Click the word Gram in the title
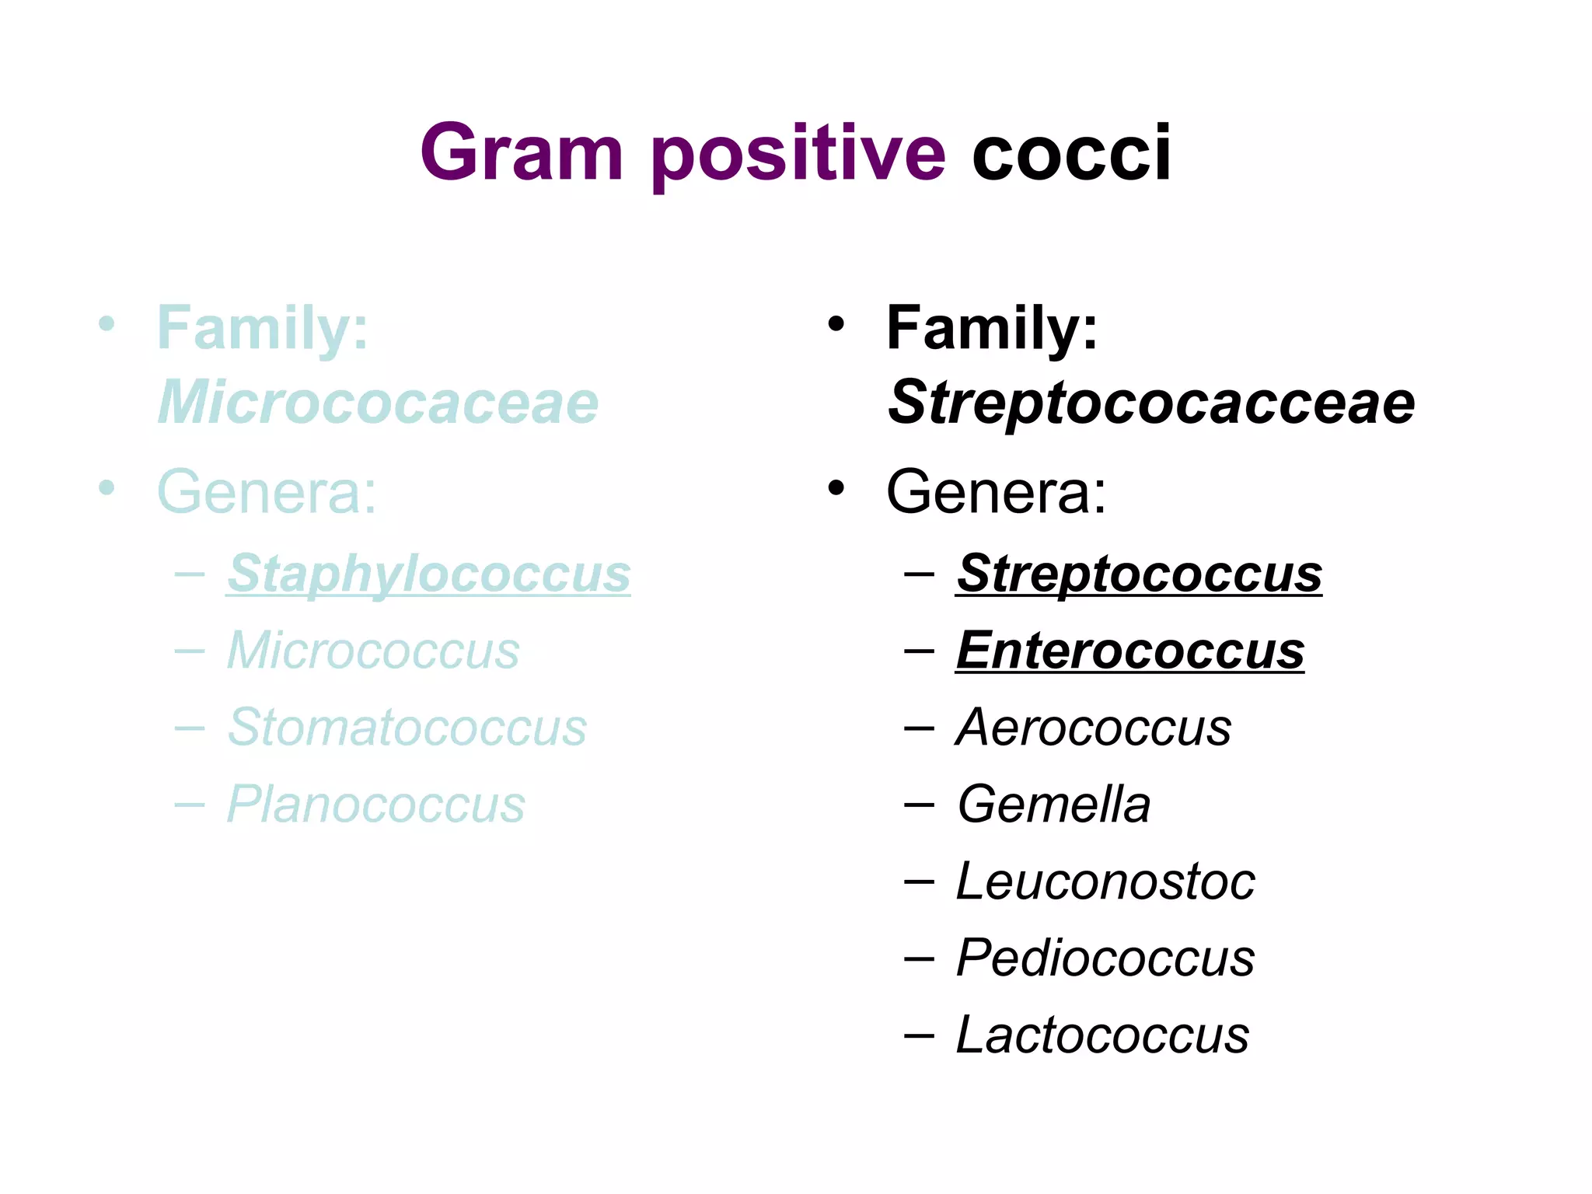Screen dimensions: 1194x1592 [522, 153]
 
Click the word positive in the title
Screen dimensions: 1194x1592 [799, 153]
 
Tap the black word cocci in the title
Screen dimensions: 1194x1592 [1070, 153]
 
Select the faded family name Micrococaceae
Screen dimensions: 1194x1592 [378, 403]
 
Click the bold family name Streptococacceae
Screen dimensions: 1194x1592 [1151, 403]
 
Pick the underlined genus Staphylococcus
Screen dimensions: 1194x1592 [428, 574]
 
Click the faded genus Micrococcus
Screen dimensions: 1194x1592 [373, 650]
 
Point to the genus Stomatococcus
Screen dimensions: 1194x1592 [407, 728]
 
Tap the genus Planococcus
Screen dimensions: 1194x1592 [376, 804]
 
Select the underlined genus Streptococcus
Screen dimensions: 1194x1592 [1139, 574]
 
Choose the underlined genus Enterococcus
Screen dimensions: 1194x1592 [1130, 650]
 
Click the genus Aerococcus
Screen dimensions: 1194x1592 [1094, 728]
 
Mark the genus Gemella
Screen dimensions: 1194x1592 [1053, 804]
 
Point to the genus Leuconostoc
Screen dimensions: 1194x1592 [1105, 882]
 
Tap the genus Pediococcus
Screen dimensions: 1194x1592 [1105, 958]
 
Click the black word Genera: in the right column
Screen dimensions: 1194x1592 [996, 491]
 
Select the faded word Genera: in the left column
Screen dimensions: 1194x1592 [267, 491]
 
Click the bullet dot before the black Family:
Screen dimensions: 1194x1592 [836, 323]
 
